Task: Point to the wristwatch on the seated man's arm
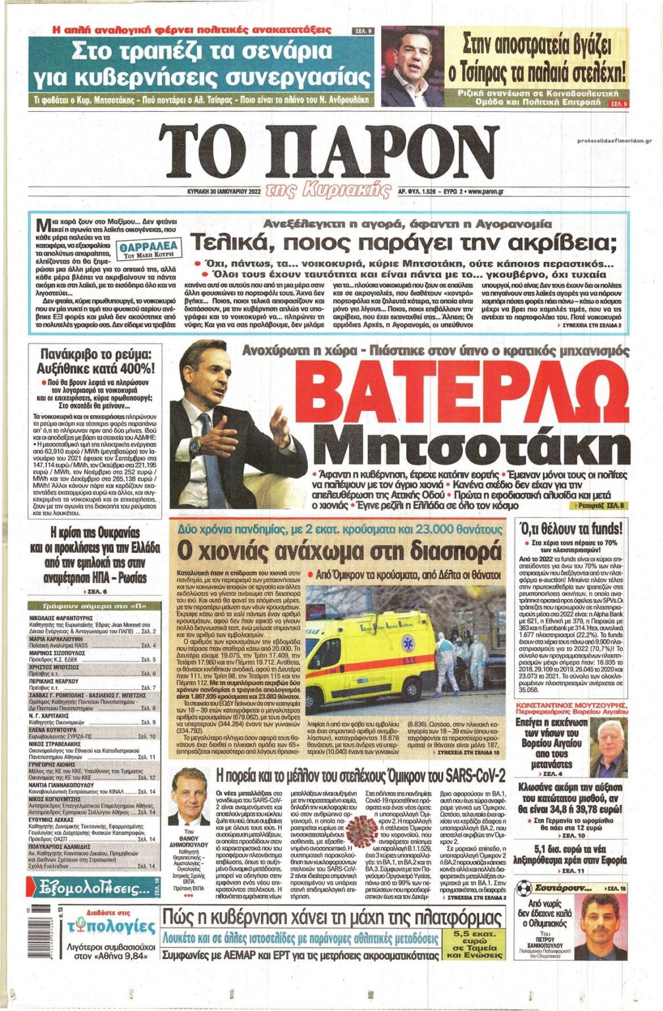pyautogui.click(x=195, y=447)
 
